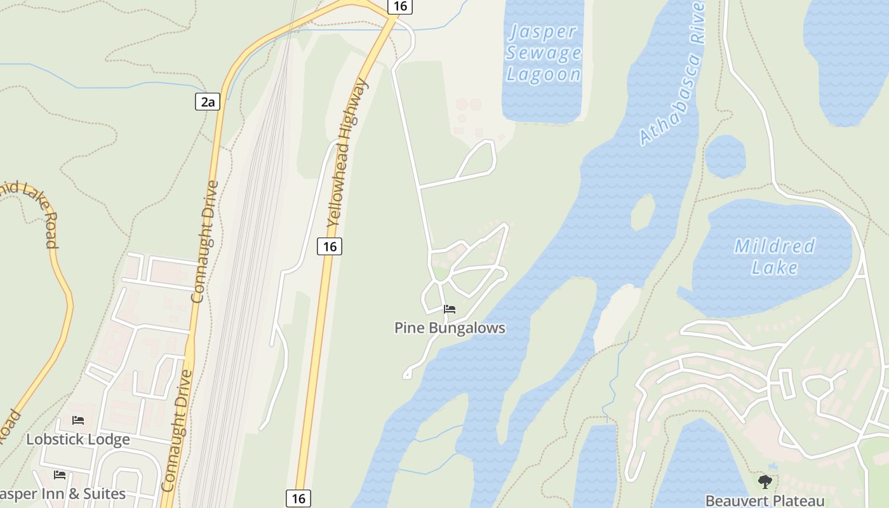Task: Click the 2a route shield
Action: pyautogui.click(x=207, y=102)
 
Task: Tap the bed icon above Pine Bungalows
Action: pyautogui.click(x=450, y=309)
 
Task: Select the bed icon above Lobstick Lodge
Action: pyautogui.click(x=78, y=420)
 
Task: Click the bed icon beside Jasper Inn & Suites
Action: pyautogui.click(x=60, y=474)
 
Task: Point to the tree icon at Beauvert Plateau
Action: pyautogui.click(x=765, y=481)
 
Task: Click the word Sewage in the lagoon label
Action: pyautogui.click(x=544, y=53)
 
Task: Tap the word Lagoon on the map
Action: pyautogui.click(x=544, y=74)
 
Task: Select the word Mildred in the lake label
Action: pyautogui.click(x=775, y=246)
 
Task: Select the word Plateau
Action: pyautogui.click(x=796, y=501)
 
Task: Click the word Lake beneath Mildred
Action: pyautogui.click(x=775, y=267)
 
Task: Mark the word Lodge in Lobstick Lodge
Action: pyautogui.click(x=110, y=439)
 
